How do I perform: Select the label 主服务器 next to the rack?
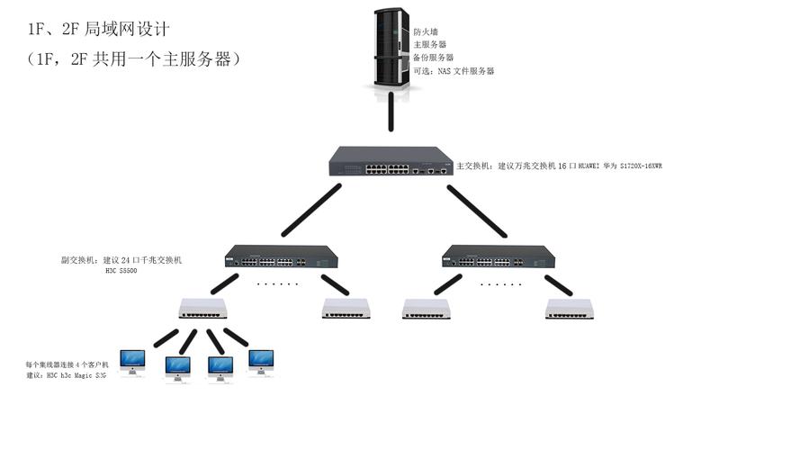pyautogui.click(x=430, y=44)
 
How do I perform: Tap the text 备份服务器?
pyautogui.click(x=433, y=58)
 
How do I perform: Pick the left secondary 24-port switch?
pyautogui.click(x=282, y=256)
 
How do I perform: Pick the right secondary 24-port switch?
pyautogui.click(x=498, y=256)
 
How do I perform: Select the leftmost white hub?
pyautogui.click(x=202, y=309)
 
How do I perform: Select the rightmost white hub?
pyautogui.click(x=569, y=309)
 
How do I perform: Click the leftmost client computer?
pyautogui.click(x=132, y=363)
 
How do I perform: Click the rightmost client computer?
pyautogui.click(x=261, y=363)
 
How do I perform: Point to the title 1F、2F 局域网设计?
pyautogui.click(x=99, y=30)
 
